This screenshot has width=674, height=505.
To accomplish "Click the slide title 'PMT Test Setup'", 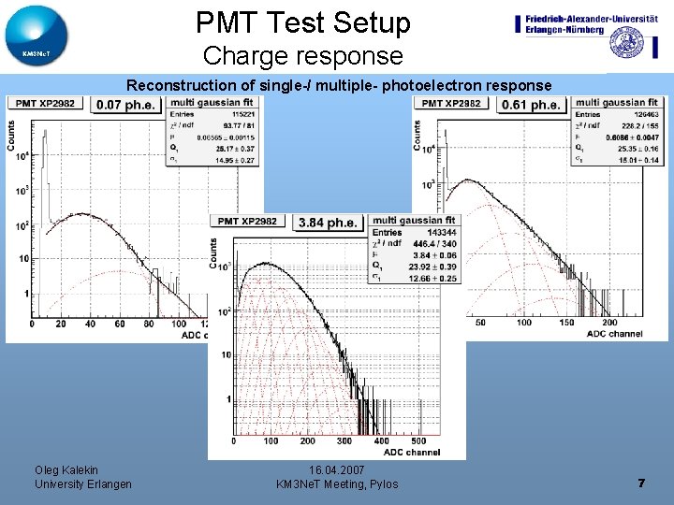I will click(303, 22).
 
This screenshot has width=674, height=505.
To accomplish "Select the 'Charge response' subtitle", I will click(302, 56).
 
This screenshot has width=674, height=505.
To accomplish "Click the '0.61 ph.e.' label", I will click(532, 105).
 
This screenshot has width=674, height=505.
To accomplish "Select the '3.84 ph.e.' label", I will click(329, 222).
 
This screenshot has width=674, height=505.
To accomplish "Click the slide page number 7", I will click(641, 483).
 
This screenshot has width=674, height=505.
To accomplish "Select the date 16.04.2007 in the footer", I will click(336, 469).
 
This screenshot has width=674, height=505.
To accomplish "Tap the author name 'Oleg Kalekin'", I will click(66, 469).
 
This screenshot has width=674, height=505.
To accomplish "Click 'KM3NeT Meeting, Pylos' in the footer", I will click(337, 484).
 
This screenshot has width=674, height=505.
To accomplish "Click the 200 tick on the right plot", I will click(608, 323).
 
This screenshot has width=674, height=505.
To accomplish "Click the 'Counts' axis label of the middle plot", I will click(213, 253).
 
